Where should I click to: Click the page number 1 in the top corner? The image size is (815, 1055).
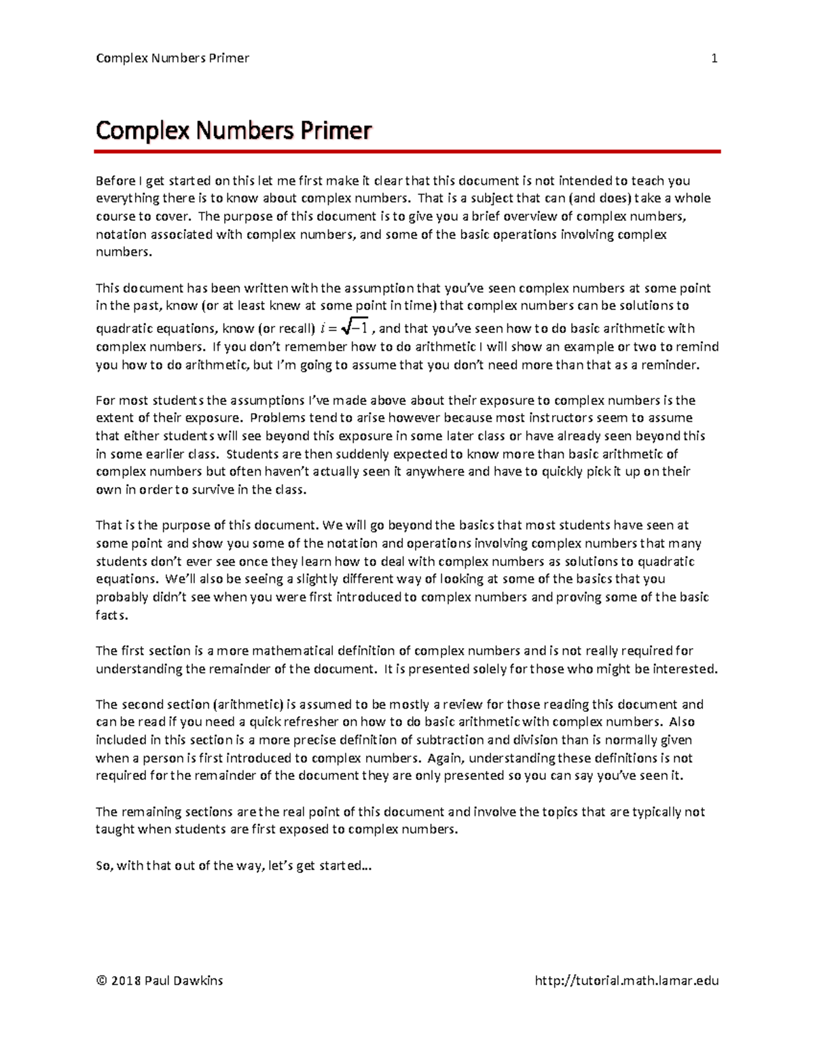click(714, 58)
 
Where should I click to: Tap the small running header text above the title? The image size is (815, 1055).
click(173, 58)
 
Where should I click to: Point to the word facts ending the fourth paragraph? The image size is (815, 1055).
click(111, 615)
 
